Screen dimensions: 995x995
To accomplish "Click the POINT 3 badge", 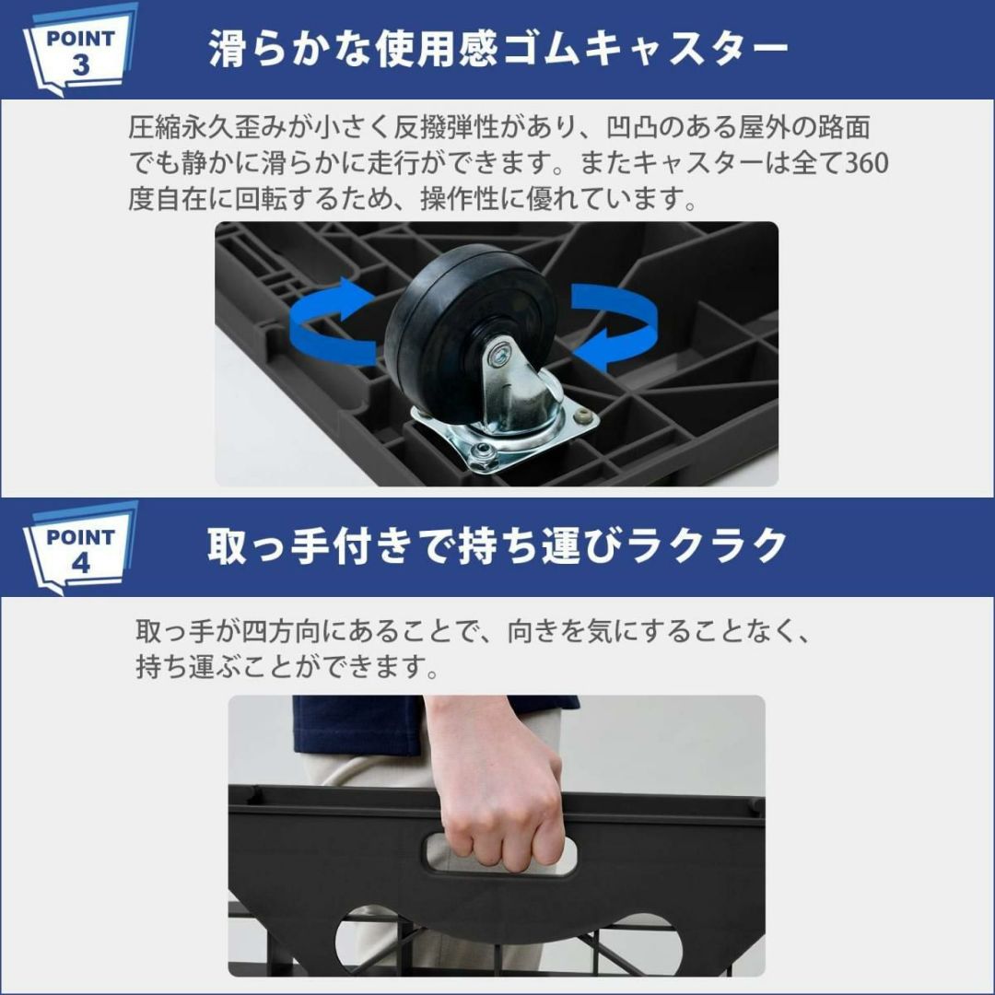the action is click(80, 52).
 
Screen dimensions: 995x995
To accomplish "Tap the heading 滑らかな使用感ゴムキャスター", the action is click(498, 49).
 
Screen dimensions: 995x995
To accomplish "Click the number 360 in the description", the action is click(867, 163).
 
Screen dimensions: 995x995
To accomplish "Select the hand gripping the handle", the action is click(494, 787).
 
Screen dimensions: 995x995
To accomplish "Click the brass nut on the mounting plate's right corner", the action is click(582, 416).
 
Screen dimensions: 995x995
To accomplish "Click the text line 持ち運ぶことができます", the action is click(287, 667).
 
